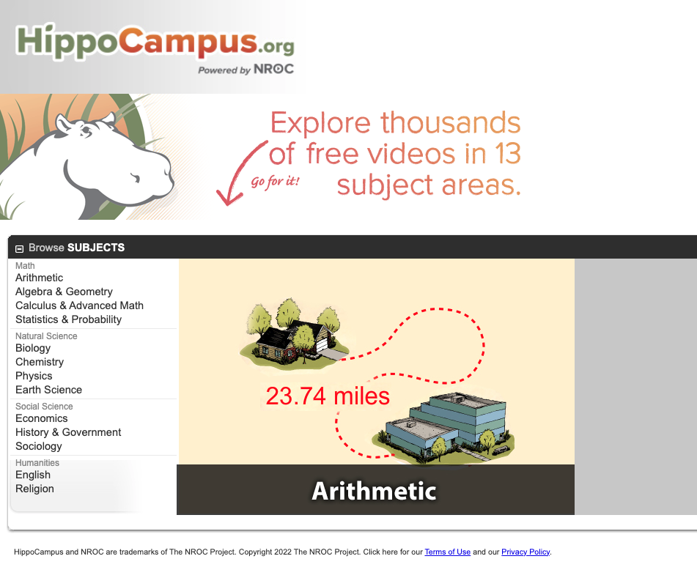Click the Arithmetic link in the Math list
39,278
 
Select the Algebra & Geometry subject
64,292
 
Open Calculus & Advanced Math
79,305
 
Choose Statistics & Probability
68,319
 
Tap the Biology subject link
33,348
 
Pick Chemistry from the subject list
40,362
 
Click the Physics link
34,376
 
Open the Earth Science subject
48,390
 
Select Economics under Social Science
41,418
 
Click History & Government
68,432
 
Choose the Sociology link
38,446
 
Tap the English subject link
33,475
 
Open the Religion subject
34,489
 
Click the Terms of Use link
447,552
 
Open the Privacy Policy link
525,552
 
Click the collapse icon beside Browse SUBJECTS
20,248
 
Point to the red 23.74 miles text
328,396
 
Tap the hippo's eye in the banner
86,131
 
